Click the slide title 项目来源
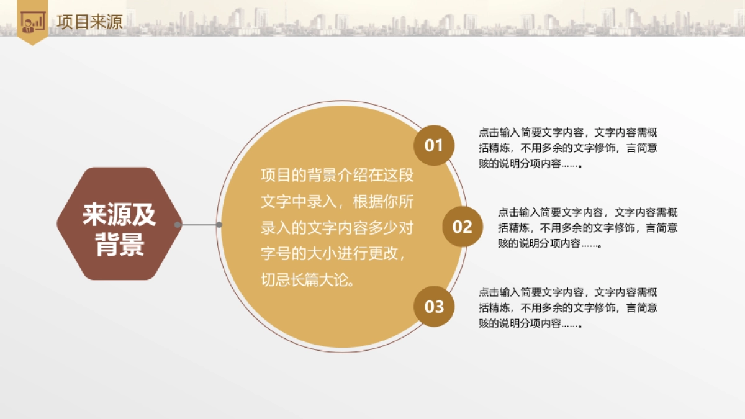pyautogui.click(x=89, y=22)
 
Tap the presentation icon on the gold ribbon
pyautogui.click(x=33, y=22)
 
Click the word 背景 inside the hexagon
pyautogui.click(x=119, y=245)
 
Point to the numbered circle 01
pyautogui.click(x=434, y=146)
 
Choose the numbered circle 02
pyautogui.click(x=463, y=227)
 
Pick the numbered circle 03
pyautogui.click(x=434, y=306)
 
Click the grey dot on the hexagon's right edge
pyautogui.click(x=178, y=224)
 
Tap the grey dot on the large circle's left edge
pyautogui.click(x=219, y=224)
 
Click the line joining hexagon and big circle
pyautogui.click(x=199, y=224)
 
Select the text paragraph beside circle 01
pyautogui.click(x=568, y=148)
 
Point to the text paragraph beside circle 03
pyautogui.click(x=568, y=307)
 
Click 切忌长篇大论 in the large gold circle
pyautogui.click(x=308, y=281)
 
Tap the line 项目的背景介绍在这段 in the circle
pyautogui.click(x=336, y=176)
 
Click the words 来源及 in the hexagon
pyautogui.click(x=119, y=215)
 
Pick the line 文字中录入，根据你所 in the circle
pyautogui.click(x=336, y=202)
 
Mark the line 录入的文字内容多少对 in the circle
pyautogui.click(x=336, y=228)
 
